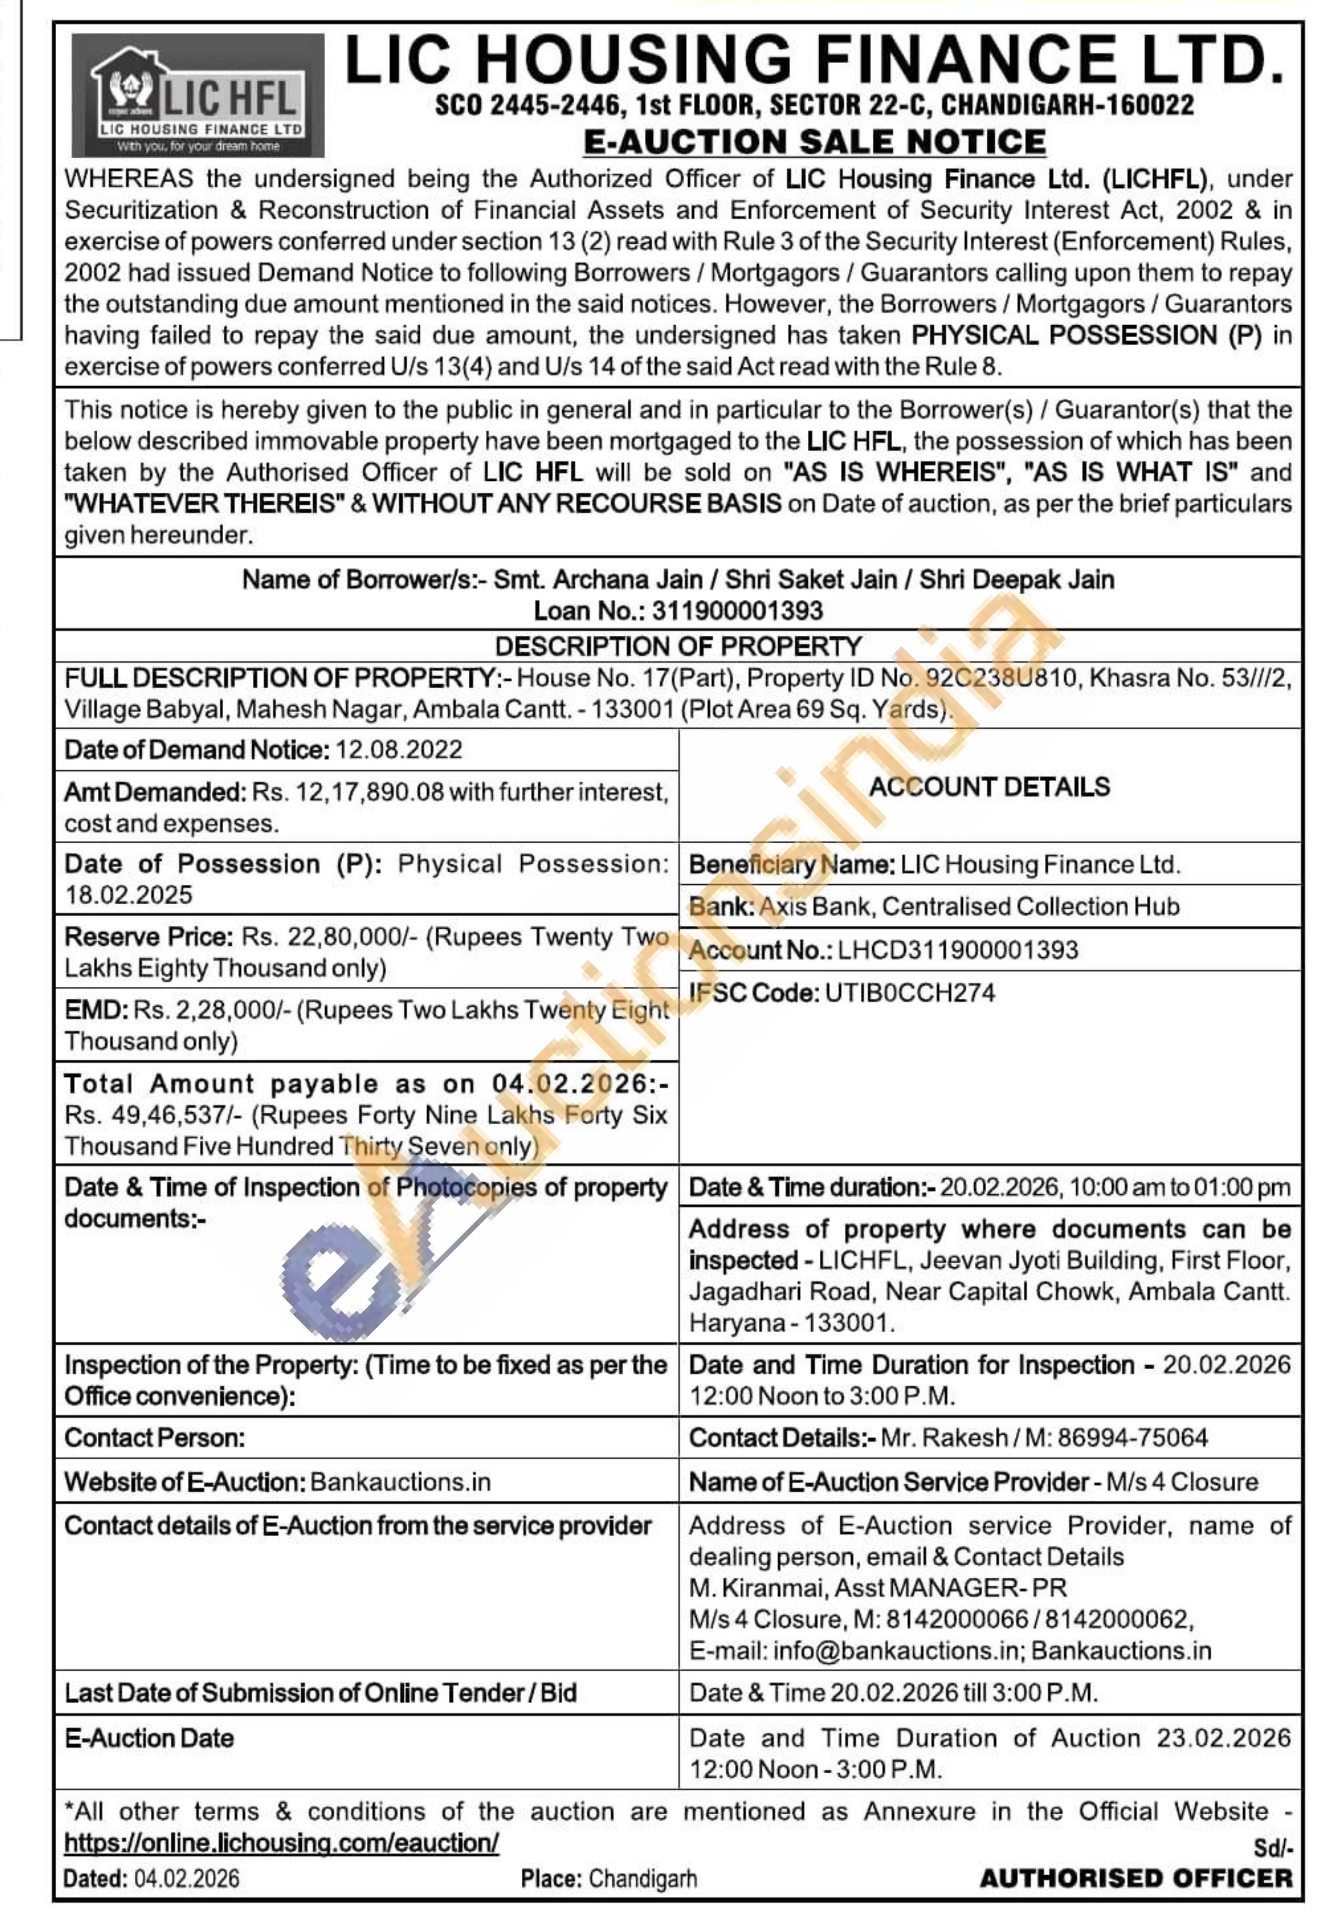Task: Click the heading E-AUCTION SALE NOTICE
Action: (x=815, y=142)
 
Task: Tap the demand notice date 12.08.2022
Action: (x=399, y=750)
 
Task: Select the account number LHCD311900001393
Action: (x=958, y=950)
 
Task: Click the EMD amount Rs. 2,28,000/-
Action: (x=212, y=1010)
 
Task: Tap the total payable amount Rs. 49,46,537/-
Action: (x=154, y=1115)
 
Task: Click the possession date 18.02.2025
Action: (x=128, y=895)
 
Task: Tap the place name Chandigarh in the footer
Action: (x=643, y=1879)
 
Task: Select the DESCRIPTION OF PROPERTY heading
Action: (x=678, y=646)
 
